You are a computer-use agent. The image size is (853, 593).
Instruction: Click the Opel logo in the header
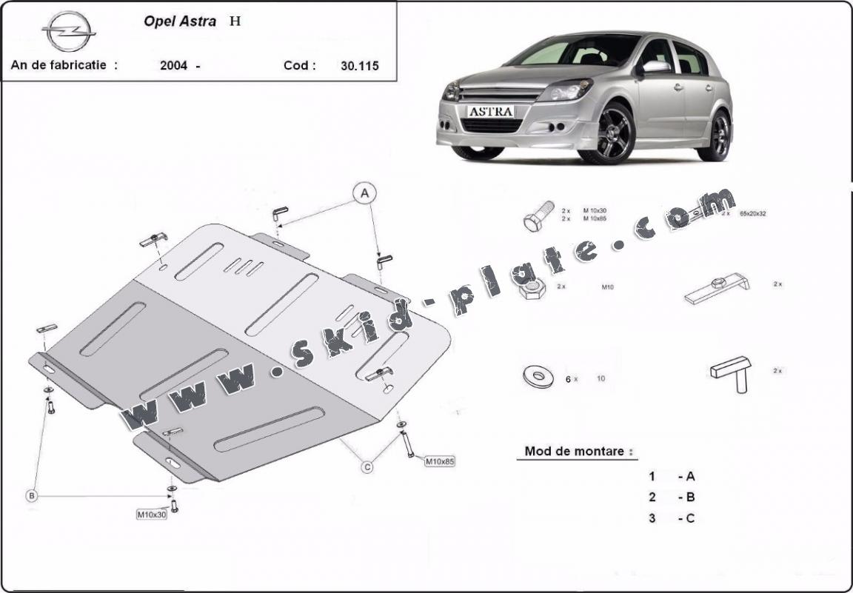click(68, 32)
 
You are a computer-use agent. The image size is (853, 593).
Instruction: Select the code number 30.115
click(359, 65)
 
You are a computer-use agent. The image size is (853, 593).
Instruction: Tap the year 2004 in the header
click(173, 65)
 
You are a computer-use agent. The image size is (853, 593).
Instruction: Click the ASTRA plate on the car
click(490, 111)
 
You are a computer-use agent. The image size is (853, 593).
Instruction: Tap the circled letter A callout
click(364, 194)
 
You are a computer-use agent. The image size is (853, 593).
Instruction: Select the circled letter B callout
click(32, 496)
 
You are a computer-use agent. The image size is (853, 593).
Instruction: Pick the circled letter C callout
click(367, 466)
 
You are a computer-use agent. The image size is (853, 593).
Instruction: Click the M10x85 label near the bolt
click(439, 461)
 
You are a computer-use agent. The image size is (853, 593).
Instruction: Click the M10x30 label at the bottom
click(151, 515)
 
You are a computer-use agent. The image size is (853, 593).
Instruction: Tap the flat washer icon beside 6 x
click(538, 377)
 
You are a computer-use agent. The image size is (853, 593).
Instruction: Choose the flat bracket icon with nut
click(716, 288)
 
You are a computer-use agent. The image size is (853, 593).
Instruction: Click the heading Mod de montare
click(579, 451)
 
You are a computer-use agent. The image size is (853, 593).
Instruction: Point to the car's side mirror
click(655, 67)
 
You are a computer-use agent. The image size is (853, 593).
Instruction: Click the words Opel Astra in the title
click(180, 21)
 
